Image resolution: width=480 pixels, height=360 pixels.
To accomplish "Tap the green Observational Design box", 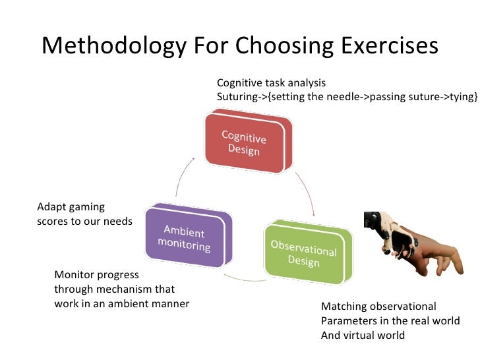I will tap(303, 251).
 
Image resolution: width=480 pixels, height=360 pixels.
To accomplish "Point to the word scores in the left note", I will tap(52, 222).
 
